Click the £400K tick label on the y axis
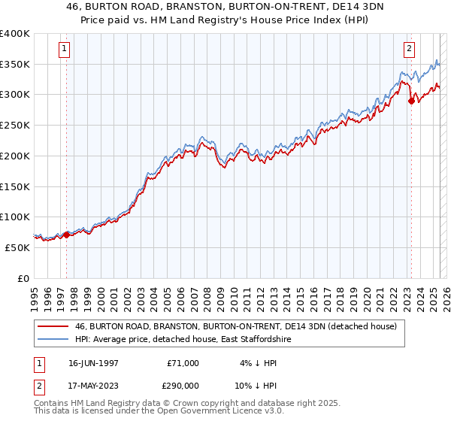(15, 34)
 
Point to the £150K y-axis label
(15, 186)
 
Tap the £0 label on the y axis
(23, 278)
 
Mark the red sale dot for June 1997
(66, 235)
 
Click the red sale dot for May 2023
(411, 101)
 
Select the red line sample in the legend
(53, 326)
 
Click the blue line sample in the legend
(53, 340)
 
